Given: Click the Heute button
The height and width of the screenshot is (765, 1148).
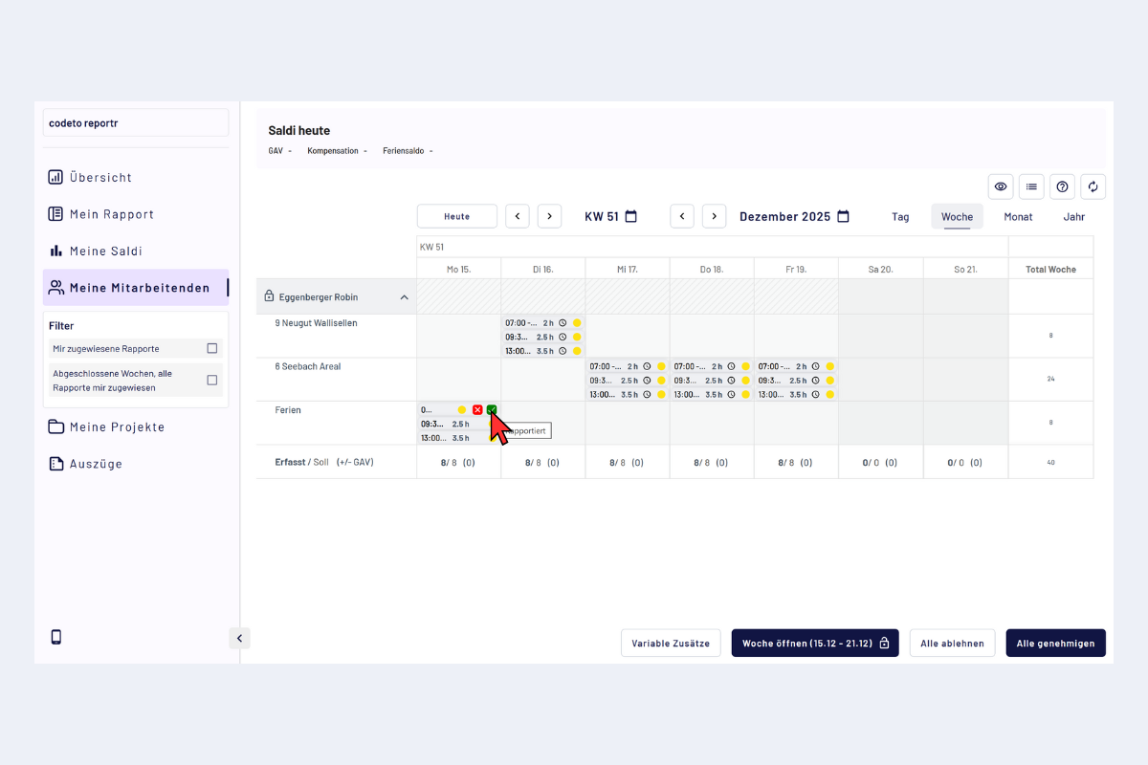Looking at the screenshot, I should [x=457, y=216].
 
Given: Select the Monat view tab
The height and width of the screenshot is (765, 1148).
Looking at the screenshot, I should [x=1018, y=216].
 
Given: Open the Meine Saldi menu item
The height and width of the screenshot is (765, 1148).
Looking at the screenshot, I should [x=105, y=251].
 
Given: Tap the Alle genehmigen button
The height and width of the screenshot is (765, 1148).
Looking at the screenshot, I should [x=1055, y=644].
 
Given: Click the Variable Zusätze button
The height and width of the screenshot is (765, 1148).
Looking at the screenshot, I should [x=671, y=644].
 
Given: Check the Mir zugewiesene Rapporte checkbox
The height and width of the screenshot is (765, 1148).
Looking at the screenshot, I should [x=212, y=348].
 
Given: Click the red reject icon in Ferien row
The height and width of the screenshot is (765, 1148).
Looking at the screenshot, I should [x=477, y=410].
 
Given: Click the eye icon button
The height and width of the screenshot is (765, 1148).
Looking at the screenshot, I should [x=1001, y=186].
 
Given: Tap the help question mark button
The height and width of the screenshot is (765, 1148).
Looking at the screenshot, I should [x=1062, y=186].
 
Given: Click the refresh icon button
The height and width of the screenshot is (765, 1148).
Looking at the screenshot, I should [x=1093, y=186].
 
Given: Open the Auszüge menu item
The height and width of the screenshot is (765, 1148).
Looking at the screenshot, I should [x=96, y=464].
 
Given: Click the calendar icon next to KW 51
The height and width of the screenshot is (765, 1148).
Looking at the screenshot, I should [x=631, y=216].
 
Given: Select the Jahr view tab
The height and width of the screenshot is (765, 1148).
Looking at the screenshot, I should [x=1074, y=216].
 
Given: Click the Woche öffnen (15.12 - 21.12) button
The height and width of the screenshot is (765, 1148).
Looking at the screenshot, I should [x=815, y=644].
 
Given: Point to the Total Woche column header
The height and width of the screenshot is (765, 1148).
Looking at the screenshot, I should [x=1050, y=270].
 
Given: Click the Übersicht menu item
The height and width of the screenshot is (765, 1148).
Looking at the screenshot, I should [x=100, y=177].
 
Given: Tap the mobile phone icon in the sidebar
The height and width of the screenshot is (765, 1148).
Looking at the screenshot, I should [x=56, y=637].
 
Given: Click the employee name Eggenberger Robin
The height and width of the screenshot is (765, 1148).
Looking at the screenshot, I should [x=319, y=297].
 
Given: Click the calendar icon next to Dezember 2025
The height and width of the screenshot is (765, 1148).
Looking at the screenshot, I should [x=843, y=216].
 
